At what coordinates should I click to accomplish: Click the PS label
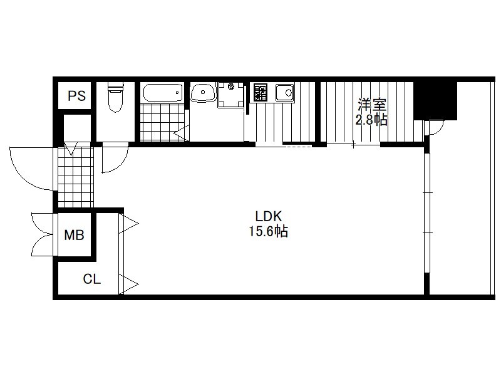point(76,96)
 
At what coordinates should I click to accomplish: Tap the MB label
point(74,235)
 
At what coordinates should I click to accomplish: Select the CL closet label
point(91,279)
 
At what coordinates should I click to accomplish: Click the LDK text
point(269,216)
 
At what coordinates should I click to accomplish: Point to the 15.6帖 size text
point(269,231)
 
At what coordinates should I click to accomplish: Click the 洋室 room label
point(372,105)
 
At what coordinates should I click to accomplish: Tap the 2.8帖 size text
point(372,120)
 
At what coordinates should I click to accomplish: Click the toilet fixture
point(116,97)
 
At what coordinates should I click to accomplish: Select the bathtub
point(163,92)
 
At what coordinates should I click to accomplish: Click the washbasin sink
point(202,92)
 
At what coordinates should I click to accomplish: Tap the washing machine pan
point(230,95)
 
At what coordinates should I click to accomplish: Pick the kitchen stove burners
point(261,92)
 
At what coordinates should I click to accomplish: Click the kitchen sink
point(285,93)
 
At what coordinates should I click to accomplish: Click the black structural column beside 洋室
point(435,101)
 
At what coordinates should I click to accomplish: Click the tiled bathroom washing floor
point(162,122)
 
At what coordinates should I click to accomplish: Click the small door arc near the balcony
point(435,128)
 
